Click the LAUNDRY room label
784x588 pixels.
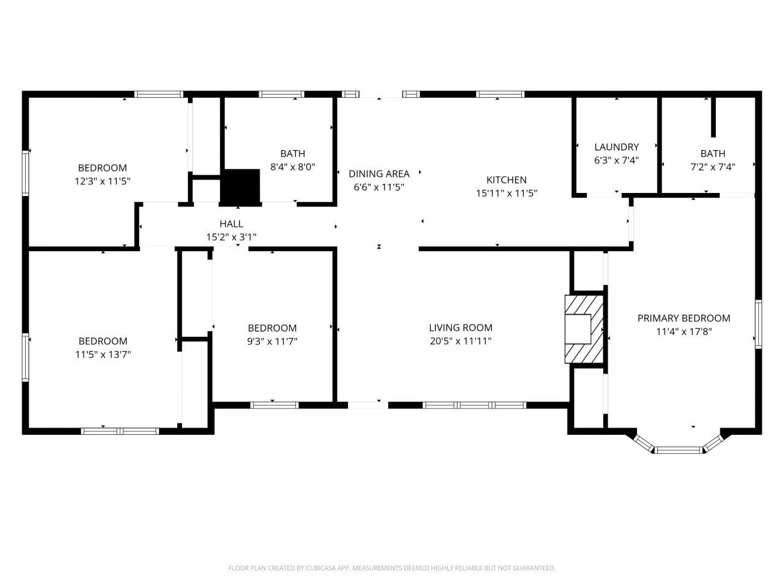pyautogui.click(x=617, y=147)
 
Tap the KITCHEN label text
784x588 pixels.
pyautogui.click(x=506, y=179)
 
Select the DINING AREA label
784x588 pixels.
pyautogui.click(x=379, y=174)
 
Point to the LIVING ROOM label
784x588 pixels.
pyautogui.click(x=461, y=327)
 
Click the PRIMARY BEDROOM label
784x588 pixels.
pyautogui.click(x=684, y=318)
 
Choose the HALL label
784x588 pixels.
pyautogui.click(x=232, y=224)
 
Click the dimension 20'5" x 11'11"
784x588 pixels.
pyautogui.click(x=461, y=341)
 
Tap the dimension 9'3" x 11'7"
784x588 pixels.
pyautogui.click(x=272, y=342)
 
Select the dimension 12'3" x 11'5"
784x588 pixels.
pyautogui.click(x=102, y=181)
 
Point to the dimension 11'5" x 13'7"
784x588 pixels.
pyautogui.click(x=103, y=355)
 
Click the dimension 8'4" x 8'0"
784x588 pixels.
pyautogui.click(x=293, y=167)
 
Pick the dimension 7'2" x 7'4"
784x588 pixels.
pyautogui.click(x=712, y=167)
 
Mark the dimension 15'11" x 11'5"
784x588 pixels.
pyautogui.click(x=507, y=193)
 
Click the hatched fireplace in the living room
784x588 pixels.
pyautogui.click(x=584, y=329)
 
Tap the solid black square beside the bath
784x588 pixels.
pyautogui.click(x=239, y=187)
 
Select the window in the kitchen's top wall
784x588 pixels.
pyautogui.click(x=500, y=94)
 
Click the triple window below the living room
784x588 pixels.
pyautogui.click(x=475, y=405)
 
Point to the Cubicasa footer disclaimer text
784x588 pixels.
pyautogui.click(x=392, y=568)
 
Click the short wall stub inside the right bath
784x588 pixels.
pyautogui.click(x=713, y=117)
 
